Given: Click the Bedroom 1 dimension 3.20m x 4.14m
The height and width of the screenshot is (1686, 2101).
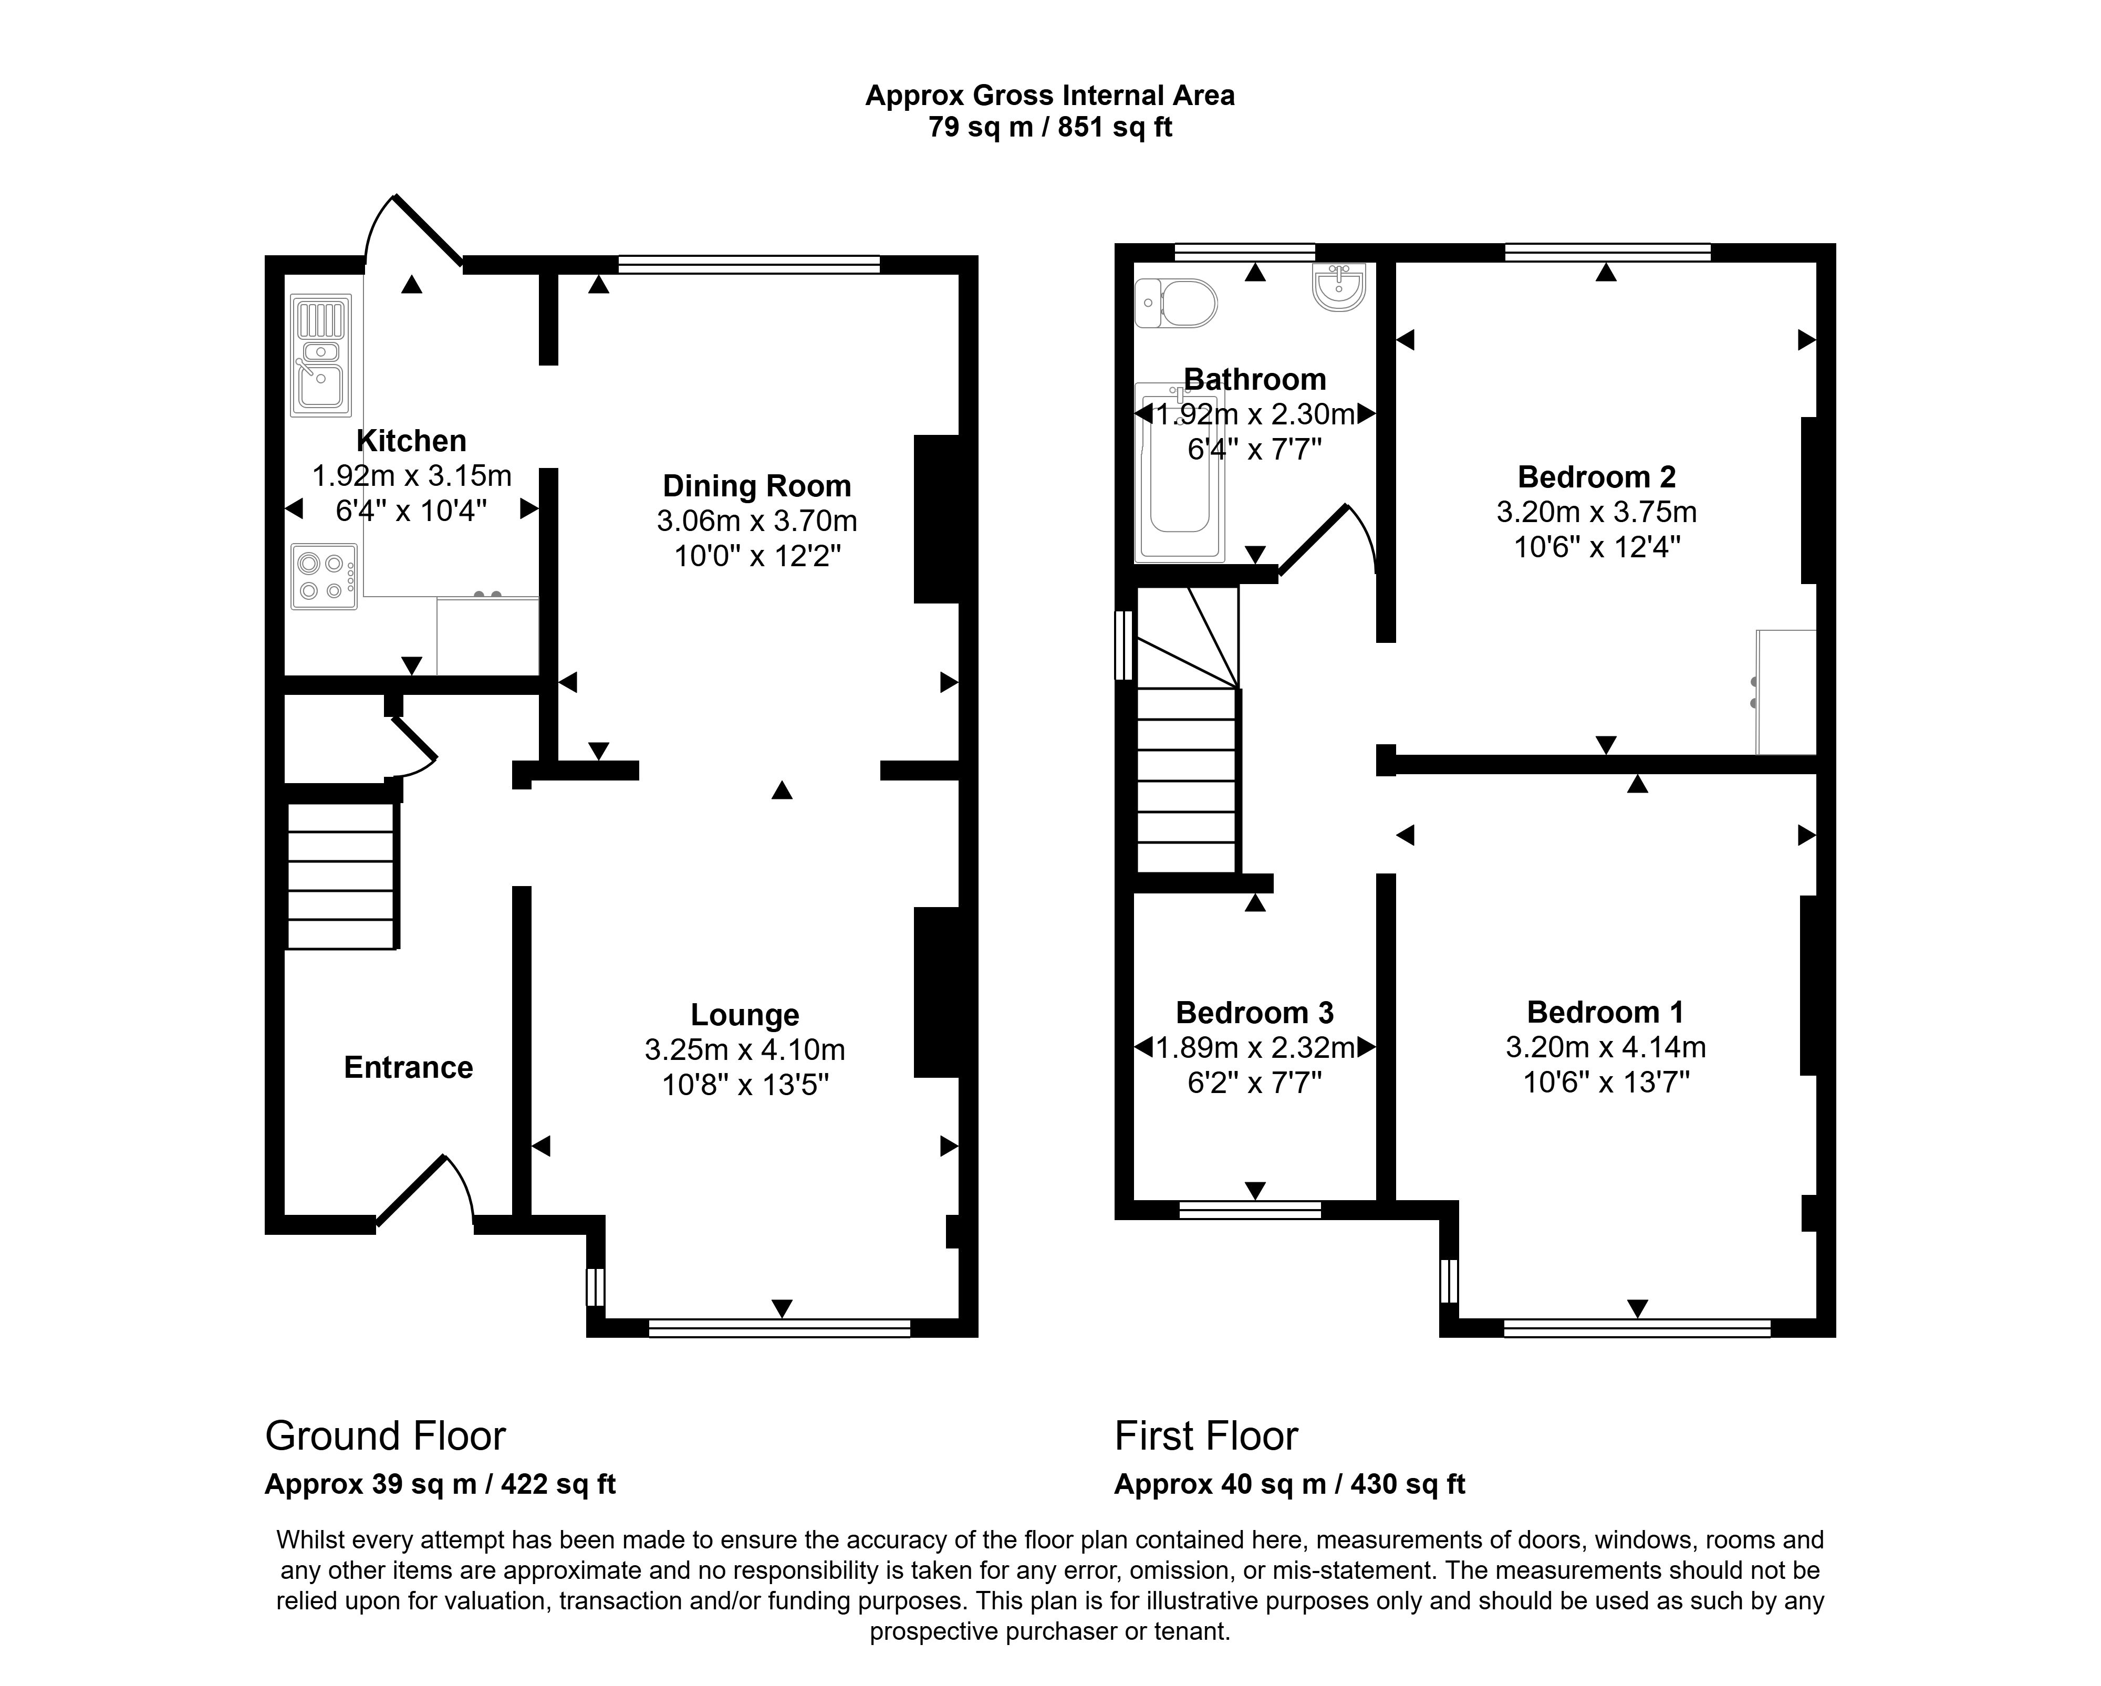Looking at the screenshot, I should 1605,1048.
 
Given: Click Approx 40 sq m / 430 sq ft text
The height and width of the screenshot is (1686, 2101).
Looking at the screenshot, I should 1289,1484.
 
